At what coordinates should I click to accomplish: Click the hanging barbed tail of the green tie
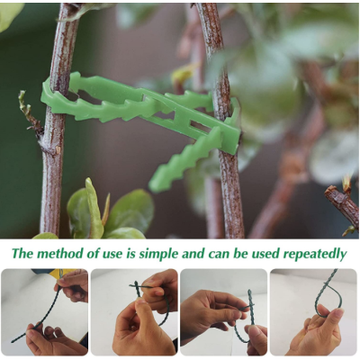pyautogui.click(x=183, y=160)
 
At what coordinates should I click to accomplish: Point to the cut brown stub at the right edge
pyautogui.click(x=342, y=204)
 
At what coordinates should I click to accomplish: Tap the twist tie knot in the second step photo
pyautogui.click(x=137, y=287)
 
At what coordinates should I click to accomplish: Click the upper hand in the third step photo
pyautogui.click(x=210, y=309)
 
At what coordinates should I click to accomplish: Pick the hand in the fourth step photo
pyautogui.click(x=318, y=331)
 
